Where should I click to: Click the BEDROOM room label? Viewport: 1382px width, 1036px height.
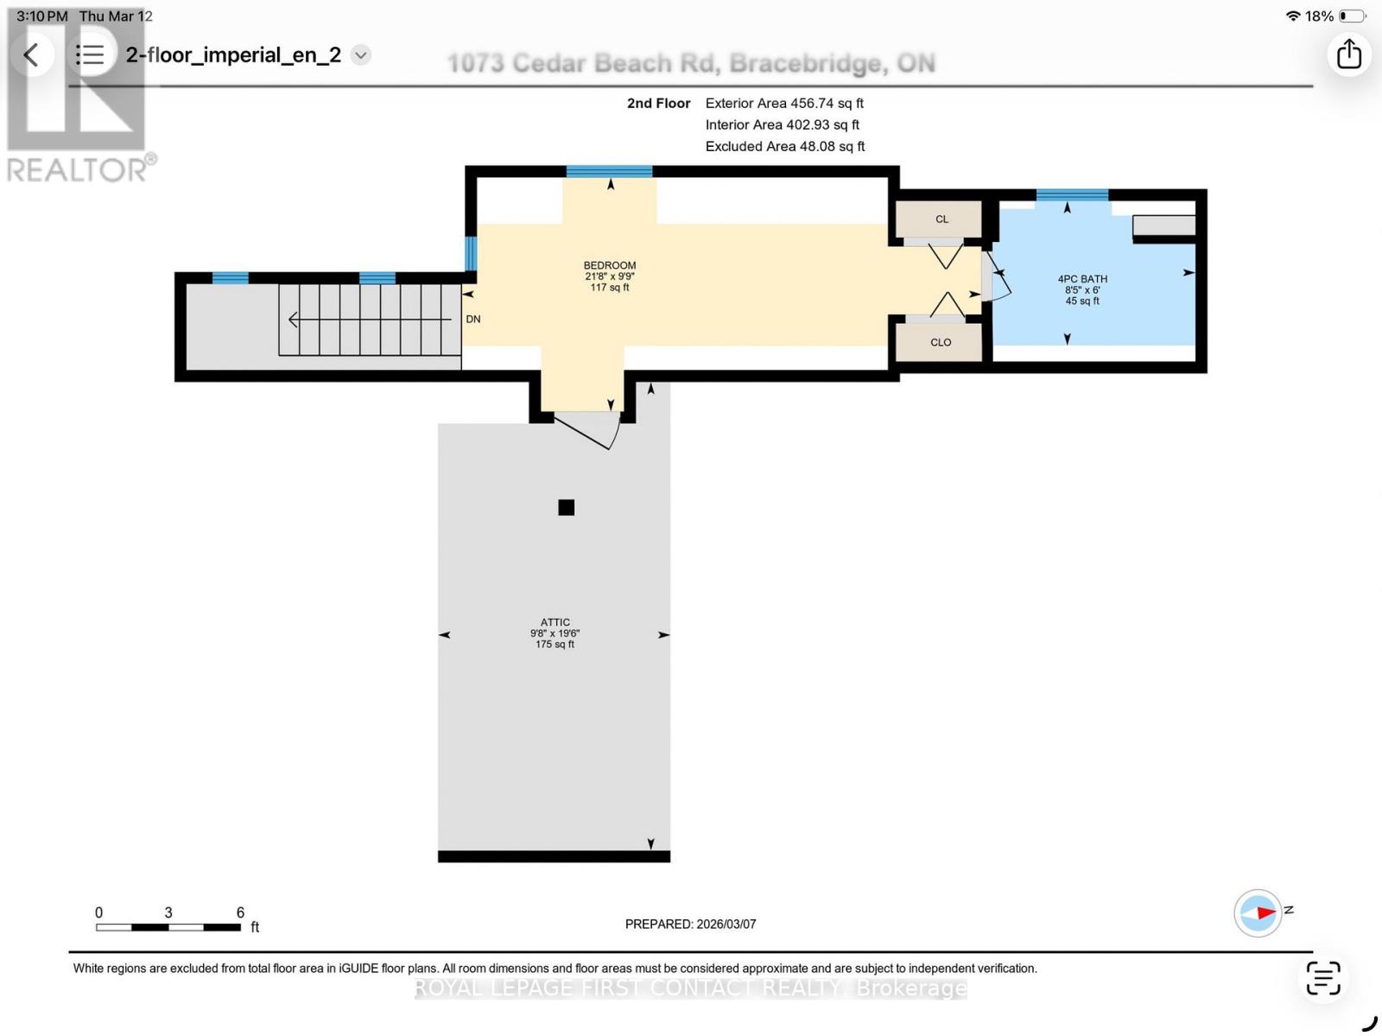pyautogui.click(x=610, y=266)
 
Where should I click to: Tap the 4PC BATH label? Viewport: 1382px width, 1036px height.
pyautogui.click(x=1082, y=279)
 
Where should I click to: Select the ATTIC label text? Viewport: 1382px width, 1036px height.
pyautogui.click(x=555, y=622)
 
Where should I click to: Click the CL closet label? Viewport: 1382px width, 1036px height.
pyautogui.click(x=941, y=219)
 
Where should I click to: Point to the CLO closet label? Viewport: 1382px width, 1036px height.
pyautogui.click(x=941, y=343)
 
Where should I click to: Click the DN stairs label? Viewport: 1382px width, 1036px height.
pyautogui.click(x=472, y=320)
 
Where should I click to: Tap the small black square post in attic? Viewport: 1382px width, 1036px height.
pyautogui.click(x=566, y=507)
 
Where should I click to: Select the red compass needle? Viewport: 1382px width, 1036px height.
pyautogui.click(x=1266, y=912)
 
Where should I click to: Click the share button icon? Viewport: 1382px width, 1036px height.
pyautogui.click(x=1348, y=54)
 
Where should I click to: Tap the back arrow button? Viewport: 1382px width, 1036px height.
pyautogui.click(x=31, y=54)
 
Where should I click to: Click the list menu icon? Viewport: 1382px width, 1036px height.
pyautogui.click(x=90, y=54)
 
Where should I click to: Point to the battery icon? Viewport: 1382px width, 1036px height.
pyautogui.click(x=1353, y=16)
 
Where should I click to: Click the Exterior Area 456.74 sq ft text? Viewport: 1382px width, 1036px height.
pyautogui.click(x=784, y=104)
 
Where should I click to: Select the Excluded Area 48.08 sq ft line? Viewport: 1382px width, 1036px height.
pyautogui.click(x=784, y=147)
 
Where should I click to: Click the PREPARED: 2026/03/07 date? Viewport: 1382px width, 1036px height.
pyautogui.click(x=690, y=924)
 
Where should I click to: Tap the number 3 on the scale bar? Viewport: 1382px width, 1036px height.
pyautogui.click(x=168, y=912)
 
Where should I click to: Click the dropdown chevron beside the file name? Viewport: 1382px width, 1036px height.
pyautogui.click(x=361, y=55)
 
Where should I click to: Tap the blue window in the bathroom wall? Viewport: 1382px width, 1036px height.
pyautogui.click(x=1072, y=194)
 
